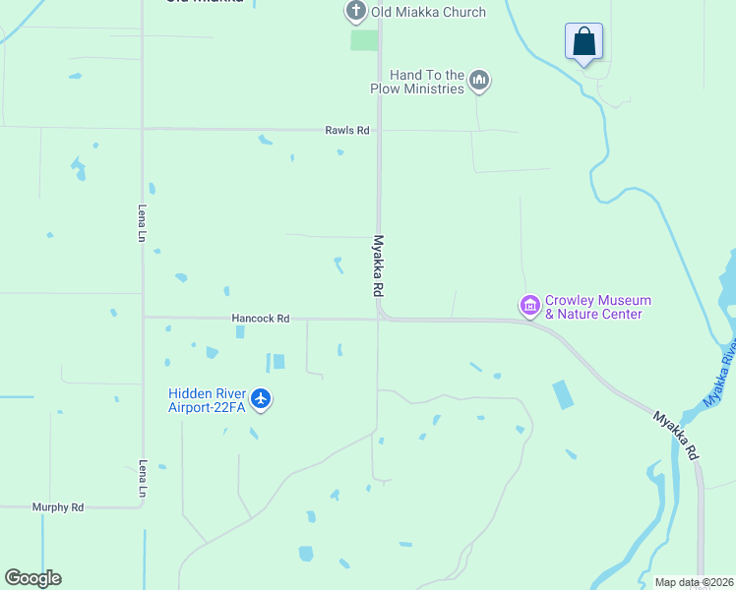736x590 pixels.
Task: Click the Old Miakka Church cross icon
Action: tap(355, 12)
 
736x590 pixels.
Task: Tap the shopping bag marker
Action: tap(583, 42)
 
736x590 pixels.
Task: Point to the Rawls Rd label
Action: tap(347, 130)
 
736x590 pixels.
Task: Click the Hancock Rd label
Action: tap(261, 319)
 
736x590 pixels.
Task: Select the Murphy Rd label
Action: tap(58, 507)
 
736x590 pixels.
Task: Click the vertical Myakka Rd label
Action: tap(378, 265)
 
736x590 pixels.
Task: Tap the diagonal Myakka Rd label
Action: tap(677, 436)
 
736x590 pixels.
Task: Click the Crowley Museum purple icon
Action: tap(530, 307)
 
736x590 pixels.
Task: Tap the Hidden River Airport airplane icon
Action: tap(260, 398)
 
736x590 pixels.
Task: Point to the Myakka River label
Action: tap(720, 374)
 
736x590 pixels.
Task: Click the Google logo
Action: tap(32, 578)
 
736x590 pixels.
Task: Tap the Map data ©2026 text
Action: tap(694, 582)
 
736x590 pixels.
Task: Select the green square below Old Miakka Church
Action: tap(364, 40)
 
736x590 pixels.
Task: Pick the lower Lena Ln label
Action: tap(143, 477)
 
